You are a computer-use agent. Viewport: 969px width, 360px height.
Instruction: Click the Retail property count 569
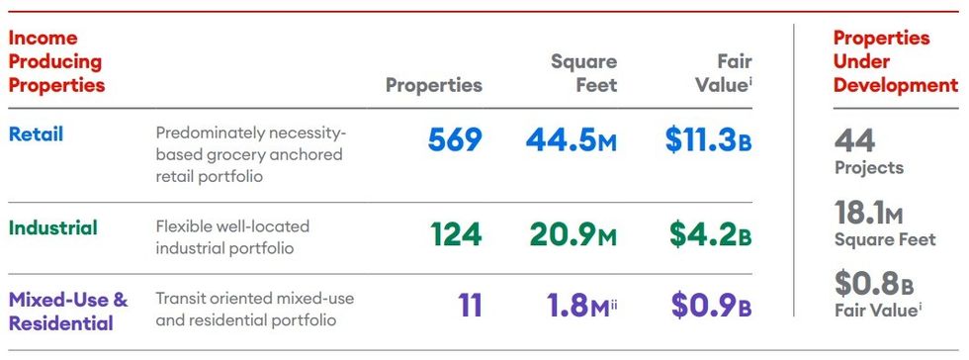tap(455, 140)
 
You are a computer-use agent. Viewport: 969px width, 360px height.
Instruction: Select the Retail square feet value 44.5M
tap(572, 140)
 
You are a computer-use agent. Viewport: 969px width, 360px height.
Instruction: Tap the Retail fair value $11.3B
tap(708, 140)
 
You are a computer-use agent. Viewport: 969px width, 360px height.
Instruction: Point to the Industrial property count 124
tap(456, 234)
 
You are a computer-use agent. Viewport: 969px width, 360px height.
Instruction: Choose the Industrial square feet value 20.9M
tap(572, 234)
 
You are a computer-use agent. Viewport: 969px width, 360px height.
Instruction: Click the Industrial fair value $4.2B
tap(710, 234)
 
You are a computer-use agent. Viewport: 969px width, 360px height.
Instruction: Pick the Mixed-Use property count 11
tap(470, 306)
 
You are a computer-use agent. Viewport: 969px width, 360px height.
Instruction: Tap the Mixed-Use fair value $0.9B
tap(711, 306)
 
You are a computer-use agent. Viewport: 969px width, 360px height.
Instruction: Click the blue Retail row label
tap(37, 135)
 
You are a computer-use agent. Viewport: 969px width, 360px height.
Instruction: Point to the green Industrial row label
tap(53, 227)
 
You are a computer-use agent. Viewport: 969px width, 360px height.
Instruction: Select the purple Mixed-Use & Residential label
tap(68, 311)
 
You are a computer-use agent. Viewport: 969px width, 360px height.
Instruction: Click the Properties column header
tap(434, 85)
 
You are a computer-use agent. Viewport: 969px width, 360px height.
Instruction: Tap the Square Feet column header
tap(583, 73)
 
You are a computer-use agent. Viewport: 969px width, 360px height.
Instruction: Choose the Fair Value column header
tap(724, 73)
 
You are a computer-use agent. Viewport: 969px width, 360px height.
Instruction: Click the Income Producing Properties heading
tap(55, 61)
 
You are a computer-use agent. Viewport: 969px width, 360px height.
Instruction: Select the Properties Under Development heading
tap(895, 61)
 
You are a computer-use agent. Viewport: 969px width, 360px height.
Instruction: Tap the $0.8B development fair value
tap(874, 284)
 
